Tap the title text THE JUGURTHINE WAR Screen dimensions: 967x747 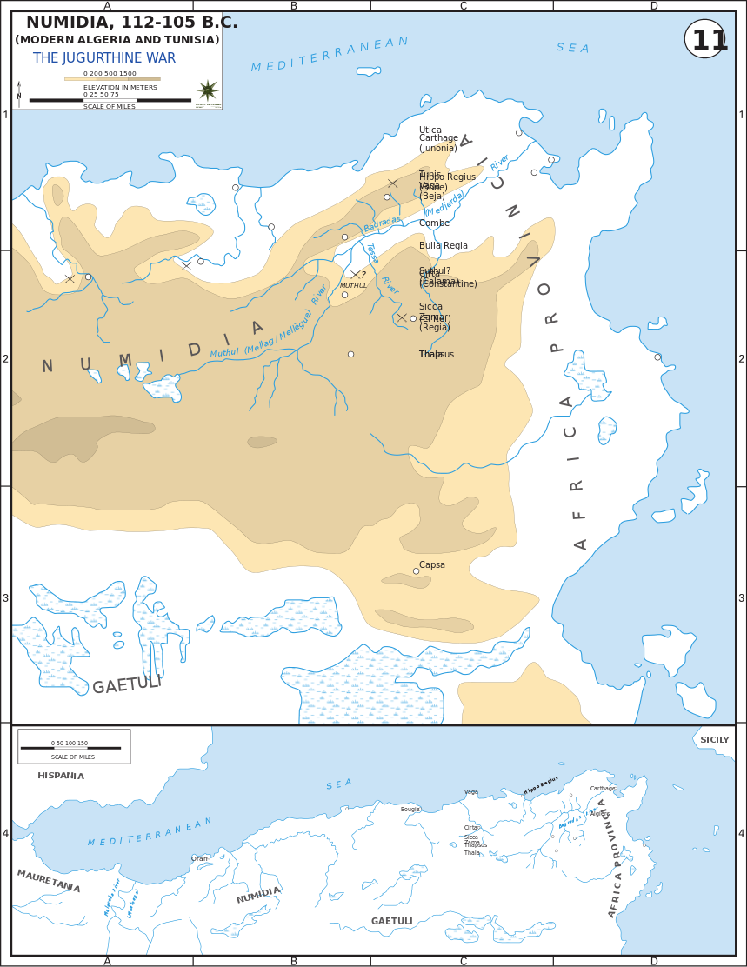104,58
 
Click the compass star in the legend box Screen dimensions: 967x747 208,90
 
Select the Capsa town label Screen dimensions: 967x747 432,565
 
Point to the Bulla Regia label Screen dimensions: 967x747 444,246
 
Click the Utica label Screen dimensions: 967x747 430,130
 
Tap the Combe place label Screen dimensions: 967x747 435,223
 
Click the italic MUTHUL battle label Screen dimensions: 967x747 353,286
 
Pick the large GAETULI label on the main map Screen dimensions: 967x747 127,684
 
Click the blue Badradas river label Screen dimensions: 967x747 383,223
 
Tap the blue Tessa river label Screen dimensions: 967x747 372,253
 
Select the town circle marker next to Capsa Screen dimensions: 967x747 416,571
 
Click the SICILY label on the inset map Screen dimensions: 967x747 715,740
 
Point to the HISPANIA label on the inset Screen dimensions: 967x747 61,776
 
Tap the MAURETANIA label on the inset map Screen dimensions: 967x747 49,881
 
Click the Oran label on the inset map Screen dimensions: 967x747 199,858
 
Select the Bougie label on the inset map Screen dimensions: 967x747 410,810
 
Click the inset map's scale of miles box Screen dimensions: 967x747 74,746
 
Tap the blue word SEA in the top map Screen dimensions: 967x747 572,49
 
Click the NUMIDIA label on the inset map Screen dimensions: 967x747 258,895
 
